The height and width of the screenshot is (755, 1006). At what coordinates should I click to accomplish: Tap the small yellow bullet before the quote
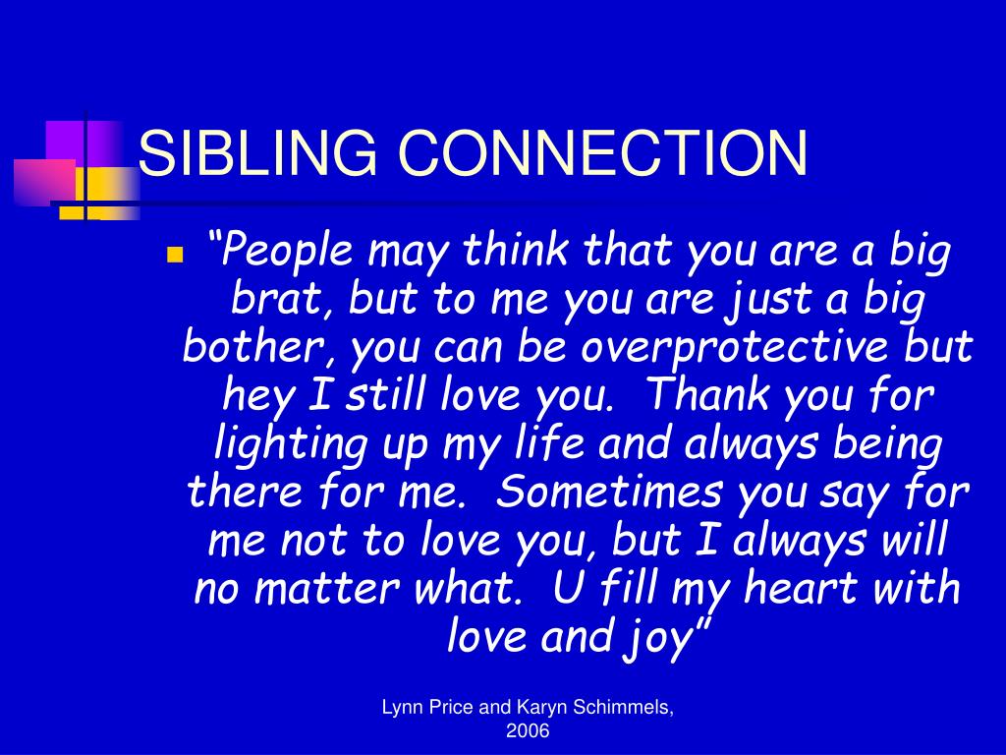(175, 256)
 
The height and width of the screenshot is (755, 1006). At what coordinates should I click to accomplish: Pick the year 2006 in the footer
(528, 732)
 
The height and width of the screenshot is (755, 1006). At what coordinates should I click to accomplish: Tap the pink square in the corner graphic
(44, 182)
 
